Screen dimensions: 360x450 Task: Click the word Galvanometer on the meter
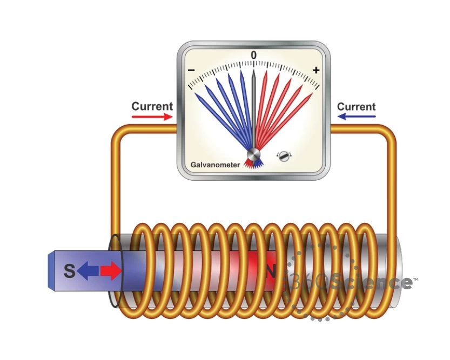click(x=215, y=165)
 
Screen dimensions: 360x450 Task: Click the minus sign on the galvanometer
click(x=191, y=70)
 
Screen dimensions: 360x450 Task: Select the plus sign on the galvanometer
click(x=316, y=70)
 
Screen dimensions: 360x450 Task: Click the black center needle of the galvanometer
click(x=253, y=108)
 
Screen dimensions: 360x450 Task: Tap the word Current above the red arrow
click(x=152, y=106)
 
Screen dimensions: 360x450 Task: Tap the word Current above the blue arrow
click(x=356, y=106)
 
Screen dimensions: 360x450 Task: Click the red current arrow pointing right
click(x=152, y=116)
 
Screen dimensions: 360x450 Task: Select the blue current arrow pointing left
click(x=356, y=116)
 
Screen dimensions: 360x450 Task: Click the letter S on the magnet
click(x=69, y=271)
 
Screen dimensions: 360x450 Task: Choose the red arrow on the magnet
click(x=111, y=271)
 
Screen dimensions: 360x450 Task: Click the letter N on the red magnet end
click(x=273, y=271)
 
